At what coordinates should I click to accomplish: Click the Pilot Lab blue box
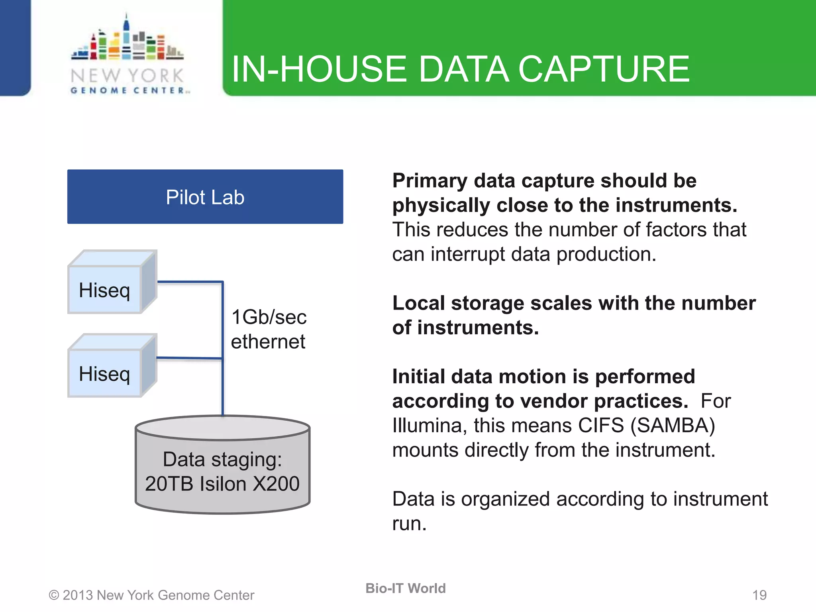pos(205,197)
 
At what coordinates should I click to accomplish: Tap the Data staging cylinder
pos(222,470)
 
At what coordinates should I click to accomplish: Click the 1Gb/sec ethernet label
pos(269,329)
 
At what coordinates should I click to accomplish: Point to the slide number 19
pos(759,595)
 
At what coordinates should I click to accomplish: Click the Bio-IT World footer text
pos(405,588)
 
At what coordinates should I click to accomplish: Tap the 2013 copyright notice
pos(151,595)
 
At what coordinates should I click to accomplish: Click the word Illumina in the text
pos(426,426)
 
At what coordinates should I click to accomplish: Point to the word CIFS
pos(600,426)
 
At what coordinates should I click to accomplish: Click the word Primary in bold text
pos(430,181)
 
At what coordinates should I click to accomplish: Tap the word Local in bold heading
pos(418,303)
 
